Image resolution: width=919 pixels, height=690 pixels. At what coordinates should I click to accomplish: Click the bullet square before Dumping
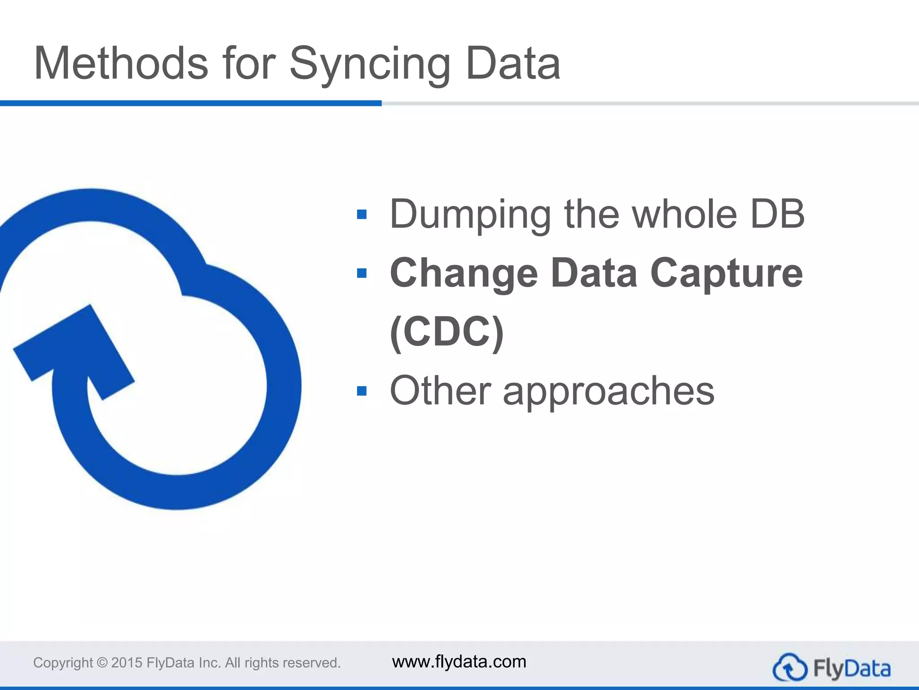[362, 214]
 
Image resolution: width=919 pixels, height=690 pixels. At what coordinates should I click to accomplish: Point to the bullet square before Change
[362, 273]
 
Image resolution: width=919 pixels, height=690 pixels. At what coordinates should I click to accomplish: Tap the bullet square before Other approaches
[362, 391]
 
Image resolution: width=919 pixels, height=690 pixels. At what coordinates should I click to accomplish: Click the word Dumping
[470, 214]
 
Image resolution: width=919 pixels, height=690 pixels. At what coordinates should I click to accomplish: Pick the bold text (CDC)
[447, 332]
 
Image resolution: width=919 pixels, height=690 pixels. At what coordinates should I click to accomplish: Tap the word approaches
[608, 391]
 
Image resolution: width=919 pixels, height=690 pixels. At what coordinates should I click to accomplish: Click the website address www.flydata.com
[459, 662]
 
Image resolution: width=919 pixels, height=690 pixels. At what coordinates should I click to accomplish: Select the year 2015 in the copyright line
[127, 663]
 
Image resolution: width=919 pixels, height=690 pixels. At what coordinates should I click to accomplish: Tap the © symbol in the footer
[102, 663]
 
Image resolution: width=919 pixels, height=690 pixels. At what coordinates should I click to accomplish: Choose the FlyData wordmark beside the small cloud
[851, 668]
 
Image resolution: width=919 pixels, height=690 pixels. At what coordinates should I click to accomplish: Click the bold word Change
[464, 273]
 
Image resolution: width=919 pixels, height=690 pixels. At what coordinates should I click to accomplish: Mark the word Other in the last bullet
[440, 391]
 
